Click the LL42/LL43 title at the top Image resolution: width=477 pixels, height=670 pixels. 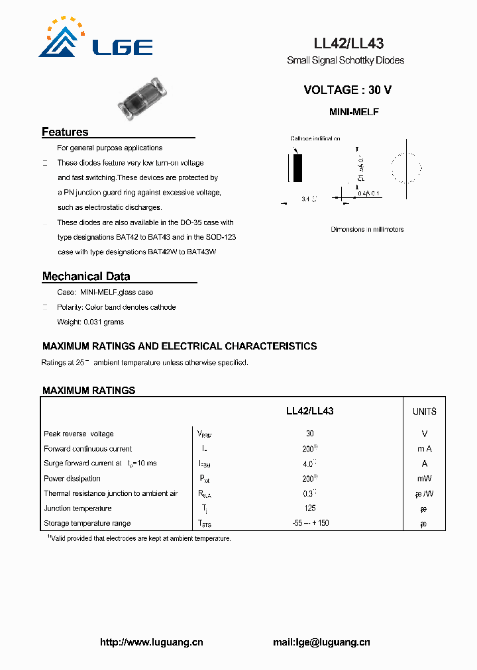348,44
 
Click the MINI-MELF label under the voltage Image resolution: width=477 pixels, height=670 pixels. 354,113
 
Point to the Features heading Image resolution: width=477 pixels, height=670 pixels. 65,132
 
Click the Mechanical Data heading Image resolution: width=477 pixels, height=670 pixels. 86,276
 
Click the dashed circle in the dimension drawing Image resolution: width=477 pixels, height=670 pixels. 406,167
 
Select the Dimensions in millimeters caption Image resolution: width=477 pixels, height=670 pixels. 367,230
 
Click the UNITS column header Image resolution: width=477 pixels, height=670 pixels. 424,412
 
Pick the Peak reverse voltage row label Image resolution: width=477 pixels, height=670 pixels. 78,434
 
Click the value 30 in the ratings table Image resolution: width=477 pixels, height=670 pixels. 309,434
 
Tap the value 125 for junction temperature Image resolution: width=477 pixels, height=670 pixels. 309,508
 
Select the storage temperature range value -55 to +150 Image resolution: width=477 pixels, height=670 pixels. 310,523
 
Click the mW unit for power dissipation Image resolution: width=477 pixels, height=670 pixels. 424,479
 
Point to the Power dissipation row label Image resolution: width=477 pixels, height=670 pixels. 72,479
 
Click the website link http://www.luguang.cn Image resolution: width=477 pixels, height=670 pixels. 151,642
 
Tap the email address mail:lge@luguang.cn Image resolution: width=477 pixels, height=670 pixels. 321,642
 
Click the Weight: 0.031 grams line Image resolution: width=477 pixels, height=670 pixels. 90,322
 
